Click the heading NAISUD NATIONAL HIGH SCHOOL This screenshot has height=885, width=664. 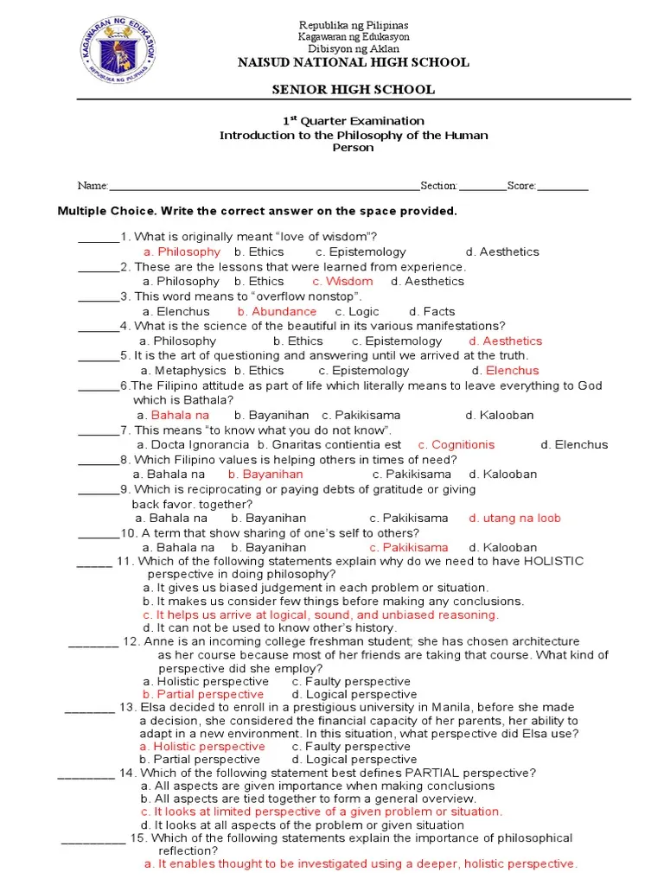(x=354, y=62)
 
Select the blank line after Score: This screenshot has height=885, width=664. (x=563, y=187)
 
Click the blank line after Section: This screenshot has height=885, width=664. (x=482, y=187)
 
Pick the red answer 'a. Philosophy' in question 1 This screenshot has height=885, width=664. (x=182, y=251)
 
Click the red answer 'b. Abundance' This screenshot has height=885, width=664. (x=277, y=311)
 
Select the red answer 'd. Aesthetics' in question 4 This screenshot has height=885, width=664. (x=505, y=341)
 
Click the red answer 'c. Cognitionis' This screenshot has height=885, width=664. (x=456, y=444)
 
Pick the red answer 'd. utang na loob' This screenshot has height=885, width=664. (x=514, y=518)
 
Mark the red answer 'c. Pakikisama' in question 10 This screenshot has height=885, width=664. (x=408, y=547)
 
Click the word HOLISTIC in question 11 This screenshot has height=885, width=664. (x=552, y=561)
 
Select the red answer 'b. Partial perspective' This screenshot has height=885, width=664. (x=203, y=694)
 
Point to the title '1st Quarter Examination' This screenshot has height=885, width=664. (x=354, y=121)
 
